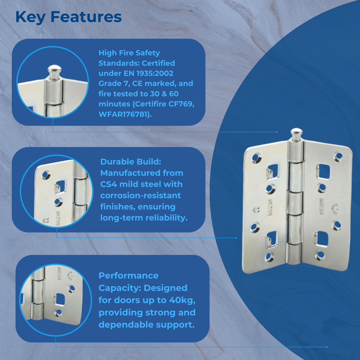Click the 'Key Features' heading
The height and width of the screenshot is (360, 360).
68,17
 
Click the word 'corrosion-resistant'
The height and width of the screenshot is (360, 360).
140,195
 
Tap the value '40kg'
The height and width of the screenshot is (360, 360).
180,300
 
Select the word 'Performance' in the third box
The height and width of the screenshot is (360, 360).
129,275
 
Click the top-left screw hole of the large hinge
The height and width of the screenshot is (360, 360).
256,157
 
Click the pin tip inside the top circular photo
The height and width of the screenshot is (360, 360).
54,71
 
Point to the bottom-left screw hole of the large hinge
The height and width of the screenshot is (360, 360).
269,256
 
